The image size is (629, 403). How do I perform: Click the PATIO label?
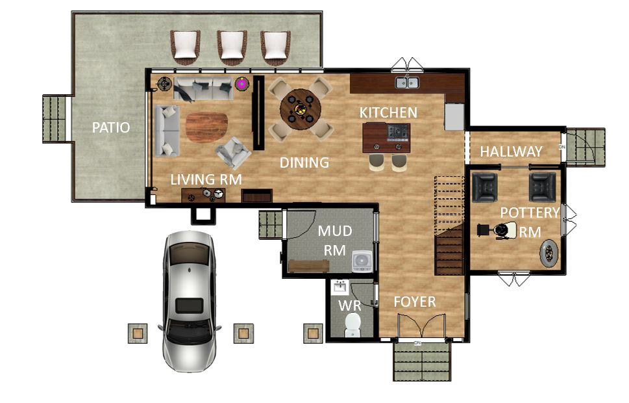110,127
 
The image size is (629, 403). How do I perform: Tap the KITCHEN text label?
388,112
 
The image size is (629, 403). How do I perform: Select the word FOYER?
415,302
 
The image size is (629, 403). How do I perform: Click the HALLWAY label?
511,151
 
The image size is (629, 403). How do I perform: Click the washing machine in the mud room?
362,261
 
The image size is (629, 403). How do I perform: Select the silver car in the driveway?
188,300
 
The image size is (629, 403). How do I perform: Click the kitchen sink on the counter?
408,82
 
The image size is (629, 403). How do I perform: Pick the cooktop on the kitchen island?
398,132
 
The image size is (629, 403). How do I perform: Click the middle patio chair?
232,47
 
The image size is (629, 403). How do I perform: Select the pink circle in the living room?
242,83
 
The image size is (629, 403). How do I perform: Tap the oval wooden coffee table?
206,127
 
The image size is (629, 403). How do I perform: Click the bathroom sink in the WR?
339,287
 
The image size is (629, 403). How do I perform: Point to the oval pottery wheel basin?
549,253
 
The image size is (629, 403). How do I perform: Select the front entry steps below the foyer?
422,361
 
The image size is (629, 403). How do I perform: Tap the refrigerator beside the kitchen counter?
454,116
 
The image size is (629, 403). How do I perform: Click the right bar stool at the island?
399,162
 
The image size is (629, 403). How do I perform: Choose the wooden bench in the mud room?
309,265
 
